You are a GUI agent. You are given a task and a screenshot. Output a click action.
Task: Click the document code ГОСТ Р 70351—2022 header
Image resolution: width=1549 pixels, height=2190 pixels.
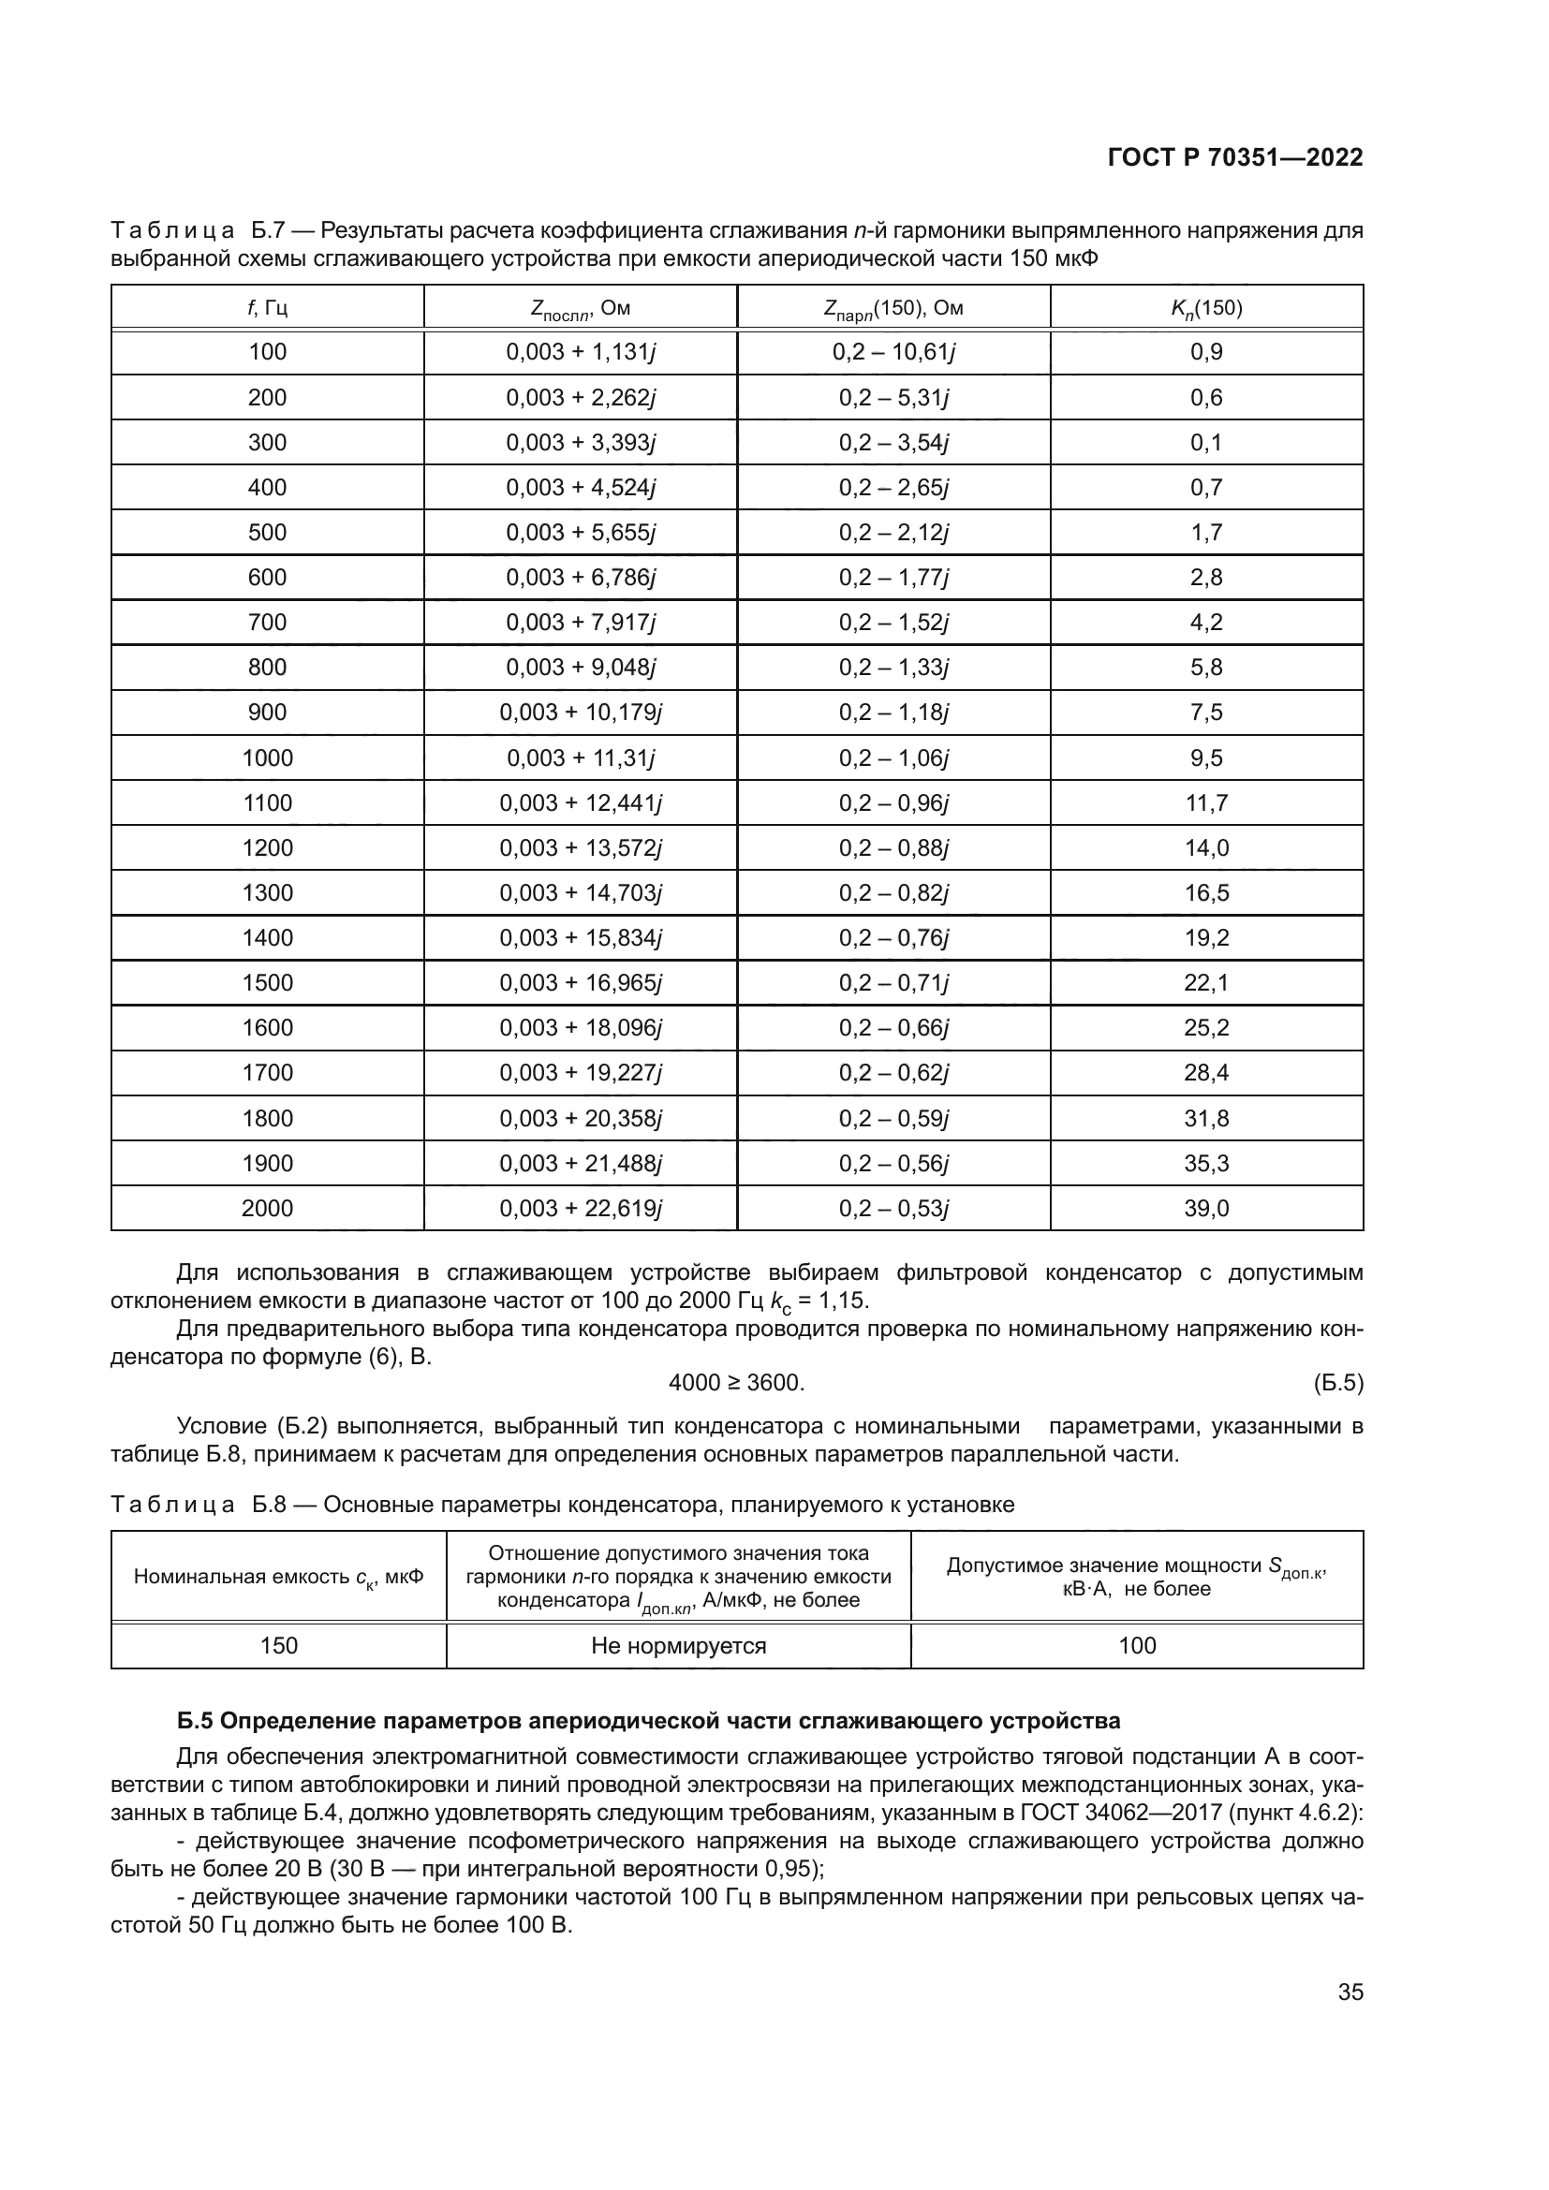coord(1235,158)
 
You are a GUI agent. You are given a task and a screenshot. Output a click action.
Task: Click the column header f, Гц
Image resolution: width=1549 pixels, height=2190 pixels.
coord(267,308)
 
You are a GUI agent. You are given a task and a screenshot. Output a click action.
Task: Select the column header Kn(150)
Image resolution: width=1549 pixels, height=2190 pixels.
coord(1206,308)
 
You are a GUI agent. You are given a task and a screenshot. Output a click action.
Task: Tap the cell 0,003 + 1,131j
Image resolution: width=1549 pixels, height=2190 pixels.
coord(580,353)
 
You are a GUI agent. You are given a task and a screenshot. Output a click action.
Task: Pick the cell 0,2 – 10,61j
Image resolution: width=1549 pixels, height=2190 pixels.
coord(893,353)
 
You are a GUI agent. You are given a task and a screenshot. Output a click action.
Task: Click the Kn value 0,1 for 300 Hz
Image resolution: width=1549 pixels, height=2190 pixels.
coord(1206,443)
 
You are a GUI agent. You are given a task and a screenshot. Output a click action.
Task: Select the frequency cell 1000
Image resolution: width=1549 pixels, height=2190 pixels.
coord(267,758)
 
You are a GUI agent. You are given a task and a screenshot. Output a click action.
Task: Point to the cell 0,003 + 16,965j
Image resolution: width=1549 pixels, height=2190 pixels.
coord(580,983)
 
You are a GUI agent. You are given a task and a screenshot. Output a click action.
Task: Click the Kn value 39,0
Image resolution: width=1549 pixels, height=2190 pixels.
coord(1206,1209)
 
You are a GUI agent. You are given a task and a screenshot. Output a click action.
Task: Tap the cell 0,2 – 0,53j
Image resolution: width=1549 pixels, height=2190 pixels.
coord(893,1209)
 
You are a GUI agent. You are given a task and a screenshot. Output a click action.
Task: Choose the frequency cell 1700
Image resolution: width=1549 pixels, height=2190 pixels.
coord(267,1073)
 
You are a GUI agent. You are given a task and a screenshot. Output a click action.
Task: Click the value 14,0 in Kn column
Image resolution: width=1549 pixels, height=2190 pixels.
coord(1206,848)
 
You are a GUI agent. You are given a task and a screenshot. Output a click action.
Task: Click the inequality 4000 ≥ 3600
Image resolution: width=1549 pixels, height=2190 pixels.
coord(736,1383)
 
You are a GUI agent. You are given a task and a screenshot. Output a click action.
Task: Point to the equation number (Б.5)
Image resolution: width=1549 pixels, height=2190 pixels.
coord(1337,1383)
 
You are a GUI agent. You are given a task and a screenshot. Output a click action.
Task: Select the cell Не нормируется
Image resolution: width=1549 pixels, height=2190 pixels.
coord(678,1645)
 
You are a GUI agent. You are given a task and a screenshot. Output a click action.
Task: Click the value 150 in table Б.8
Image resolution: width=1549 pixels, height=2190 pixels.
coord(278,1645)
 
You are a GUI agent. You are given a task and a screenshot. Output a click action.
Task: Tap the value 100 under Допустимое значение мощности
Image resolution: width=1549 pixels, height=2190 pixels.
coord(1137,1645)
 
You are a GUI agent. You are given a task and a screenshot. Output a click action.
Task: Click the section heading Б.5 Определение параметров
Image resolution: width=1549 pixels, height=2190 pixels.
coord(649,1722)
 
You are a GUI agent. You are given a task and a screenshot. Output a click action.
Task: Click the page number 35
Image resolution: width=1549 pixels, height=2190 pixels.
coord(1350,1992)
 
